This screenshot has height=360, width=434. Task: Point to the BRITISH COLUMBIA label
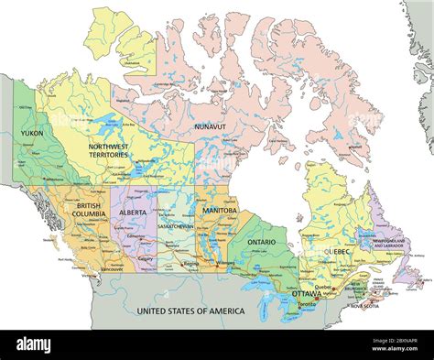coord(89,212)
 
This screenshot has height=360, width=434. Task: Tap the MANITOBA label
coord(220,211)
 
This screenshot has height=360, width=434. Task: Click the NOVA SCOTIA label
coord(388,306)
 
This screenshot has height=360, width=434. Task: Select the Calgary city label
coord(145,258)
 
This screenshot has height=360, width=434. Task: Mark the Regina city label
coord(190,264)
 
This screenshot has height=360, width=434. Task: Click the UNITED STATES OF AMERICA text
coord(190,311)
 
